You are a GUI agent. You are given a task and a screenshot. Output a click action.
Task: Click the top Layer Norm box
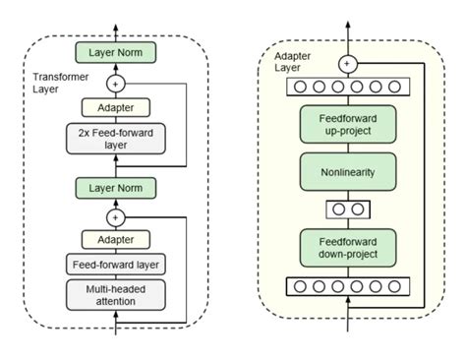[x=117, y=51]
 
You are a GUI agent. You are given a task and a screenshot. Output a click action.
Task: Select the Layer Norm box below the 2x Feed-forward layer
[x=117, y=186]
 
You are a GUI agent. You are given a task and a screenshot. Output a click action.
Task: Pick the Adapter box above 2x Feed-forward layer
[x=117, y=107]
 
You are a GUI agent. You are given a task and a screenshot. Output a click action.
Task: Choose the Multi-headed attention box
[x=117, y=293]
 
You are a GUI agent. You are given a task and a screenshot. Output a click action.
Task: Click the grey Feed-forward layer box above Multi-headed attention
[x=117, y=264]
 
